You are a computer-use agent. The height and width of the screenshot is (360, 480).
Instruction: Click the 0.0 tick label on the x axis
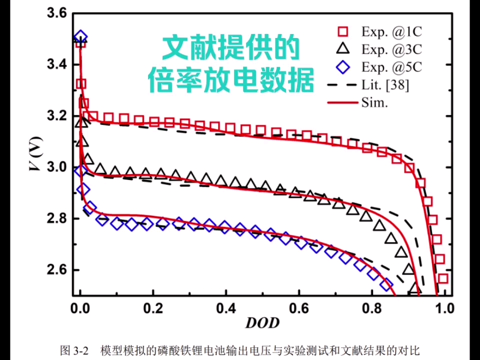tap(80, 307)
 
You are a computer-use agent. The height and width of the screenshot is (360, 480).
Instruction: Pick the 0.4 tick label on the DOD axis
tap(225, 307)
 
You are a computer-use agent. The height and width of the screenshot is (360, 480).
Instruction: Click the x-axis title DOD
tap(262, 323)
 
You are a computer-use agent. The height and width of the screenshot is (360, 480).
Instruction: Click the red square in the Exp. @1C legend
tap(342, 31)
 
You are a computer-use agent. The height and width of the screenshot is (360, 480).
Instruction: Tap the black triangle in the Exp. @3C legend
tap(342, 48)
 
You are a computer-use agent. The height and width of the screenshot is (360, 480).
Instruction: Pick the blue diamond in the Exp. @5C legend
tap(342, 66)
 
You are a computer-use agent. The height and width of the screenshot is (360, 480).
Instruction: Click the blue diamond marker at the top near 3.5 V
tap(80, 37)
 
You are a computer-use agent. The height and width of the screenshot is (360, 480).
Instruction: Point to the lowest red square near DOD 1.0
tap(443, 278)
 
